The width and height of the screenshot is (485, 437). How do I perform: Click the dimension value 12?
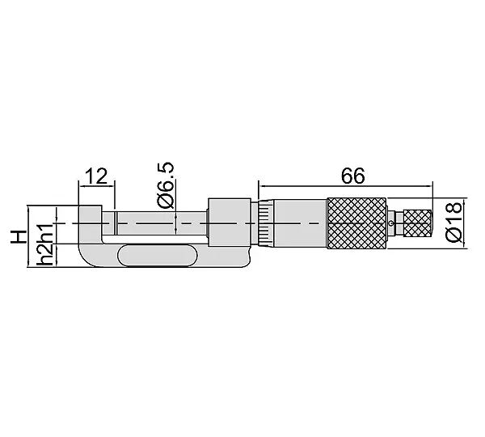click(98, 176)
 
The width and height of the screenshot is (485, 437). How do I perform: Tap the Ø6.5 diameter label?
click(167, 185)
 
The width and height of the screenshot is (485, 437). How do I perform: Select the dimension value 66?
click(353, 176)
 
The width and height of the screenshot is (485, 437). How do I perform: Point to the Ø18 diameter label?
click(454, 222)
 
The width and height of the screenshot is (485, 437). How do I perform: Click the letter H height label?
click(18, 236)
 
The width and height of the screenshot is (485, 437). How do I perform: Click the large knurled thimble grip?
click(356, 223)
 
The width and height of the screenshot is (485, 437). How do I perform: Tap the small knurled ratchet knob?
click(418, 223)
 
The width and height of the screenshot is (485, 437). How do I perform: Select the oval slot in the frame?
click(158, 256)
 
